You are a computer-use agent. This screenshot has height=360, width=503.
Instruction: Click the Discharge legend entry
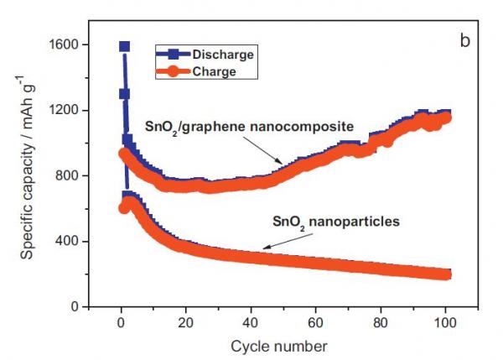[222, 55]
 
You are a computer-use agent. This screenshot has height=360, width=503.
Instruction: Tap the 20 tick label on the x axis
[186, 322]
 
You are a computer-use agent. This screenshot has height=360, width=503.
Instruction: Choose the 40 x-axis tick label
[251, 322]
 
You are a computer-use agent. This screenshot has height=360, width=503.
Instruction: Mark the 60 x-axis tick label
[316, 322]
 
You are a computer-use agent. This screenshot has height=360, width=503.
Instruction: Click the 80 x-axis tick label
[381, 322]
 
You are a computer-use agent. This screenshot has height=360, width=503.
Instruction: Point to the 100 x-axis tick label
[445, 322]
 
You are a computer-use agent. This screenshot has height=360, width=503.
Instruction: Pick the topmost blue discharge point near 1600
[124, 46]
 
